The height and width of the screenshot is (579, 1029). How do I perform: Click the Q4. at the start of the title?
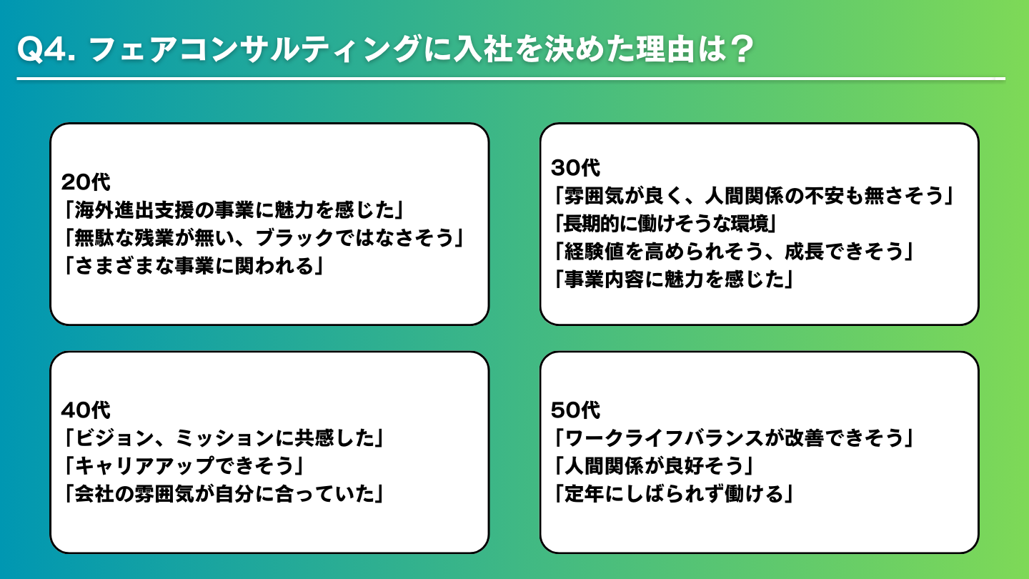[46, 49]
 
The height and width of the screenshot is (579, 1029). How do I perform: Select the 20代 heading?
[86, 182]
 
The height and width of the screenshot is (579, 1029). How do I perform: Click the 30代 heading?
[575, 168]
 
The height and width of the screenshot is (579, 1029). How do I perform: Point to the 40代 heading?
[86, 410]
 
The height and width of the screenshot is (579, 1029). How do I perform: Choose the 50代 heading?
[575, 410]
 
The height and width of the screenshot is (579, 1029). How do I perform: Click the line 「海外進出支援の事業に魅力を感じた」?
[234, 210]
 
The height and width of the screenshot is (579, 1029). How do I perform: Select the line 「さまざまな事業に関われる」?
[194, 266]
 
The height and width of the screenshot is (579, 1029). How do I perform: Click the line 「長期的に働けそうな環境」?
[665, 224]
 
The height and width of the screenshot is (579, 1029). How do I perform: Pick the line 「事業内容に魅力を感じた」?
[673, 279]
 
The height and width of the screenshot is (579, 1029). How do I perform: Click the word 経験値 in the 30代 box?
[594, 252]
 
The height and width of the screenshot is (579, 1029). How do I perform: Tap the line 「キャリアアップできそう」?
[184, 466]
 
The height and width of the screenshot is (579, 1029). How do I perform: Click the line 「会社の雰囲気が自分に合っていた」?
[224, 494]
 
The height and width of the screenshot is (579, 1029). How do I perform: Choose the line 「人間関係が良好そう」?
[654, 466]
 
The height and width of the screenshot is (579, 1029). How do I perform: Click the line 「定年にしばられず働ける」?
[673, 494]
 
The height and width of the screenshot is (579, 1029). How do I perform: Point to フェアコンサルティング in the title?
[255, 49]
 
